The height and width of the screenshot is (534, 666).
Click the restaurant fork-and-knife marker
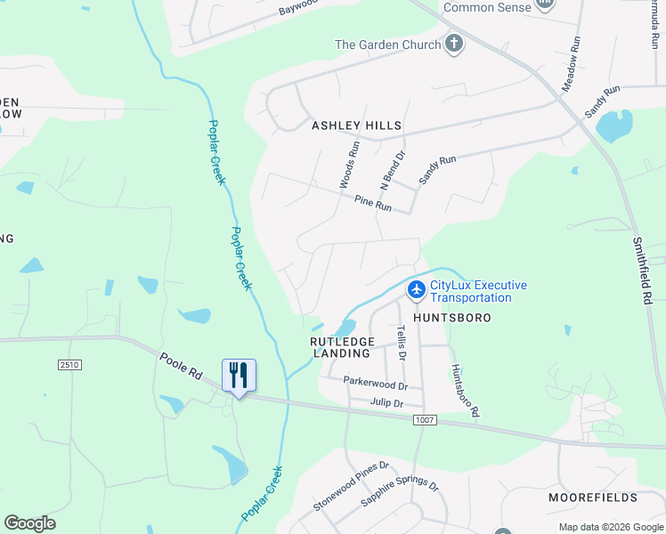tap(238, 374)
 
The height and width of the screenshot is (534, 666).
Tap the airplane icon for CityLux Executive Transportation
tap(417, 290)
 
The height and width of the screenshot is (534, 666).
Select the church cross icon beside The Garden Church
tap(454, 44)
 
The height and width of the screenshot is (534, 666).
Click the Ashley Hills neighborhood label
tap(356, 126)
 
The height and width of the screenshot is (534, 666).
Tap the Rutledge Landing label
tap(341, 347)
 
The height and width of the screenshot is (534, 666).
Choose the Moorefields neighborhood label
tap(593, 497)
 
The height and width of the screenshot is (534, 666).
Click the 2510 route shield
tap(69, 365)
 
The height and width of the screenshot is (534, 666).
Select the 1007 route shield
tap(426, 418)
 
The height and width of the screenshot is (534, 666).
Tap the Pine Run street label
tap(373, 205)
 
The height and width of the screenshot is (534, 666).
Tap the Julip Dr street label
tap(389, 402)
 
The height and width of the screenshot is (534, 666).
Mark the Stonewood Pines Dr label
tap(352, 486)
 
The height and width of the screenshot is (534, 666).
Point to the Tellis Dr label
tap(401, 342)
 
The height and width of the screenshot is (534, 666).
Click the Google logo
tap(30, 523)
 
